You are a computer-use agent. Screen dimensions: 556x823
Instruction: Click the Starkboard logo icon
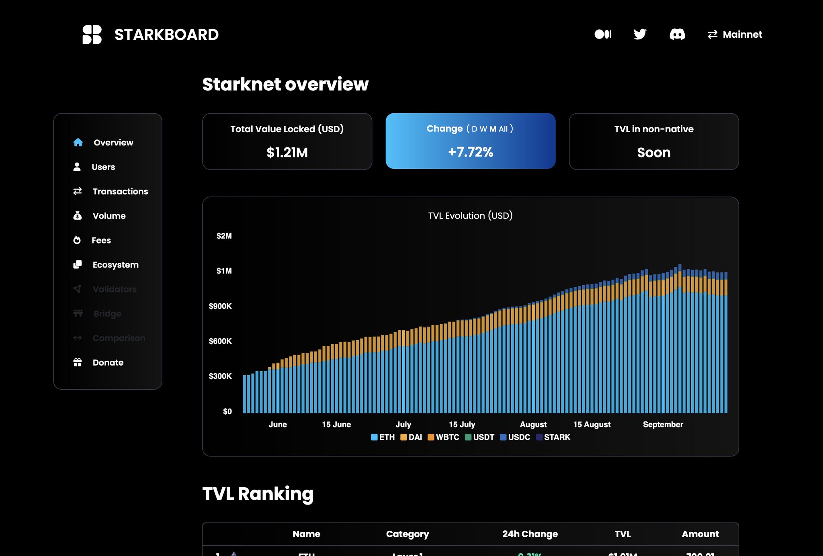pyautogui.click(x=92, y=35)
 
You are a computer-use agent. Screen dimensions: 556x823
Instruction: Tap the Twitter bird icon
pyautogui.click(x=640, y=34)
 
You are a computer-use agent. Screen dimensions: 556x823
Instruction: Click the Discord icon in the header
pyautogui.click(x=677, y=34)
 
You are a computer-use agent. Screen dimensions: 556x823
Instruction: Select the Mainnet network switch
pyautogui.click(x=735, y=35)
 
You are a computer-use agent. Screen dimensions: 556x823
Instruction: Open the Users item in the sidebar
pyautogui.click(x=103, y=167)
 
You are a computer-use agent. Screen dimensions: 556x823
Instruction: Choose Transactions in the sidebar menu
pyautogui.click(x=120, y=191)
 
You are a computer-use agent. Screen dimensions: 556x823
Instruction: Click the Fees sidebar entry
pyautogui.click(x=101, y=240)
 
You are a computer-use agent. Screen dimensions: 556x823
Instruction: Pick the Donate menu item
pyautogui.click(x=108, y=362)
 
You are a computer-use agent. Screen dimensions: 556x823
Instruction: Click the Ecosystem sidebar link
pyautogui.click(x=115, y=265)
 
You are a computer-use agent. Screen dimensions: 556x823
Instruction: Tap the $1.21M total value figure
pyautogui.click(x=287, y=153)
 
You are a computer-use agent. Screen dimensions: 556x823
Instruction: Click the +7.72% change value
pyautogui.click(x=470, y=152)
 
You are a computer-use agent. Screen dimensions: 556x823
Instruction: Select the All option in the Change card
pyautogui.click(x=503, y=129)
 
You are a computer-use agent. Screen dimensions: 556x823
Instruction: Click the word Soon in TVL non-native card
pyautogui.click(x=653, y=153)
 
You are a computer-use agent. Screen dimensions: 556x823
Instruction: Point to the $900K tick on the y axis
pyautogui.click(x=220, y=306)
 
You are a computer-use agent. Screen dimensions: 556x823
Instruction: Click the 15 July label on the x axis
pyautogui.click(x=462, y=424)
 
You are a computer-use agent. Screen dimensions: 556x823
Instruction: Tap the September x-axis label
pyautogui.click(x=663, y=424)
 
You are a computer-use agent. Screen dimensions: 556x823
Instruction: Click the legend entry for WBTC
pyautogui.click(x=444, y=437)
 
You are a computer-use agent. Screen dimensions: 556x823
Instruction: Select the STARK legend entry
pyautogui.click(x=553, y=437)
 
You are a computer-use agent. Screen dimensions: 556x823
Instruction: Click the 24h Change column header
pyautogui.click(x=530, y=534)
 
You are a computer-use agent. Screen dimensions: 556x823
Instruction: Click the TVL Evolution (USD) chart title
pyautogui.click(x=470, y=216)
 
